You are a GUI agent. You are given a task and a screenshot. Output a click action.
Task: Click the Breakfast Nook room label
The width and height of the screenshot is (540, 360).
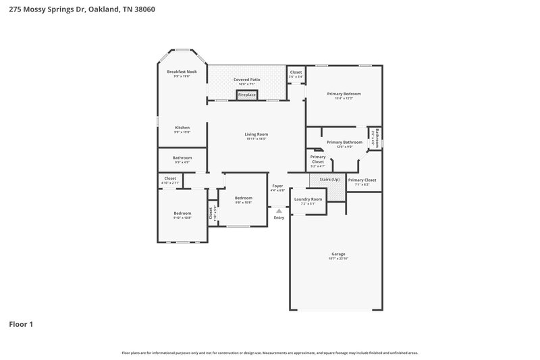[x=182, y=72]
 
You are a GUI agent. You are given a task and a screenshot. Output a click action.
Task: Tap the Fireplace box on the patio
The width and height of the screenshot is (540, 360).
[x=247, y=95]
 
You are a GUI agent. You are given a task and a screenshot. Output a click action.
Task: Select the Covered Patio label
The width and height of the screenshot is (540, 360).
[x=247, y=80]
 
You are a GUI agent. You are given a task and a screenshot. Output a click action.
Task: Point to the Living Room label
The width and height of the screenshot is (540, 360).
[x=256, y=134]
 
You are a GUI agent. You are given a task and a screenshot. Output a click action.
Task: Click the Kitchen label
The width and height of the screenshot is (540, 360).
[x=182, y=128]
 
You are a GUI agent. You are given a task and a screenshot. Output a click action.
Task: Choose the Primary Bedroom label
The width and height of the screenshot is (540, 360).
[x=344, y=94]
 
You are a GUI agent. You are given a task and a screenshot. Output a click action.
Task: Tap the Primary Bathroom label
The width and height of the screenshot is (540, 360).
[x=344, y=143]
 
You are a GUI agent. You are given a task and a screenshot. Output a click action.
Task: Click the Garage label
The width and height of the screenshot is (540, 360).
[x=338, y=254]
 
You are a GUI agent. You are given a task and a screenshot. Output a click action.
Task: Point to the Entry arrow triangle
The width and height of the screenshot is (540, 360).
[x=279, y=211]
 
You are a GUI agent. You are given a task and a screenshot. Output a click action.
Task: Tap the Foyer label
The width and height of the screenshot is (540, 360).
[x=277, y=186]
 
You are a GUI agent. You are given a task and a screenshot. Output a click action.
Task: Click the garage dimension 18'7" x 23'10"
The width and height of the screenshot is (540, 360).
[x=338, y=259]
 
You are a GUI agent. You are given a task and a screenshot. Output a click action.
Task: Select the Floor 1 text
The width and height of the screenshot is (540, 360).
[x=21, y=324]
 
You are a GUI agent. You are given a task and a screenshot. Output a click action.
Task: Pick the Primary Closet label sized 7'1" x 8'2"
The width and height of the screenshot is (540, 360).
[x=362, y=180]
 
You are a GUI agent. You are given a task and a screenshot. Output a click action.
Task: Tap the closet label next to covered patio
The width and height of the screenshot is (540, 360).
[x=296, y=72]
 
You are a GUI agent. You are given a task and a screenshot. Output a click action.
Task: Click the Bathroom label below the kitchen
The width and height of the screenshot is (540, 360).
[x=182, y=158]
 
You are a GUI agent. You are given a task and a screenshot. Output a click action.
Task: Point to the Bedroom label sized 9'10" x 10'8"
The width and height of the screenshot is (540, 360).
[x=182, y=213]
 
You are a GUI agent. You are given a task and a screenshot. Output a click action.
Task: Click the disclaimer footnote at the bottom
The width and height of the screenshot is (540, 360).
[x=269, y=353]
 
